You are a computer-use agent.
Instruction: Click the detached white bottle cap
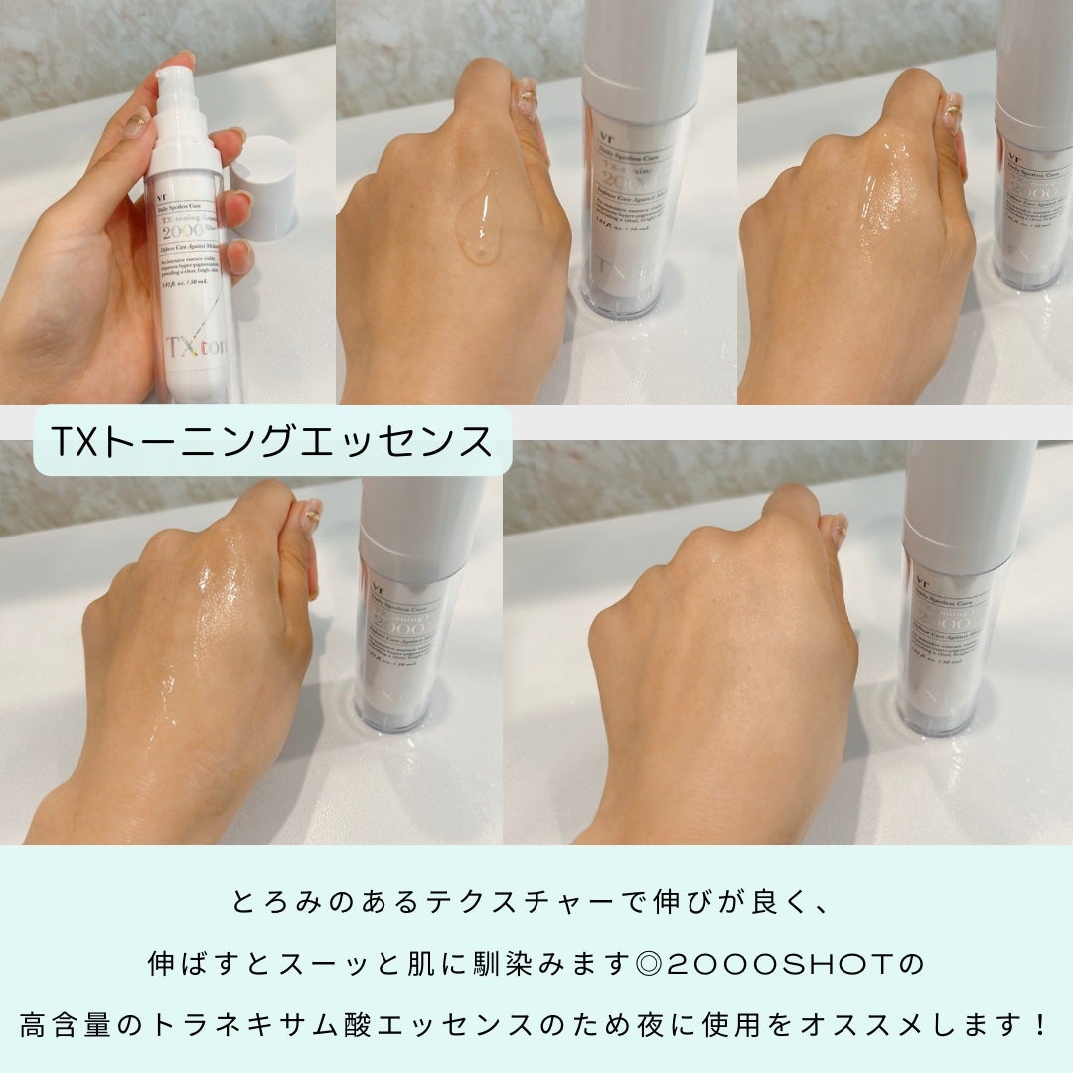(262, 185)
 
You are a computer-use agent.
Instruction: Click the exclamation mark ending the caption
(1039, 1023)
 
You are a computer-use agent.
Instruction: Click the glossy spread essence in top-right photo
(884, 199)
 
